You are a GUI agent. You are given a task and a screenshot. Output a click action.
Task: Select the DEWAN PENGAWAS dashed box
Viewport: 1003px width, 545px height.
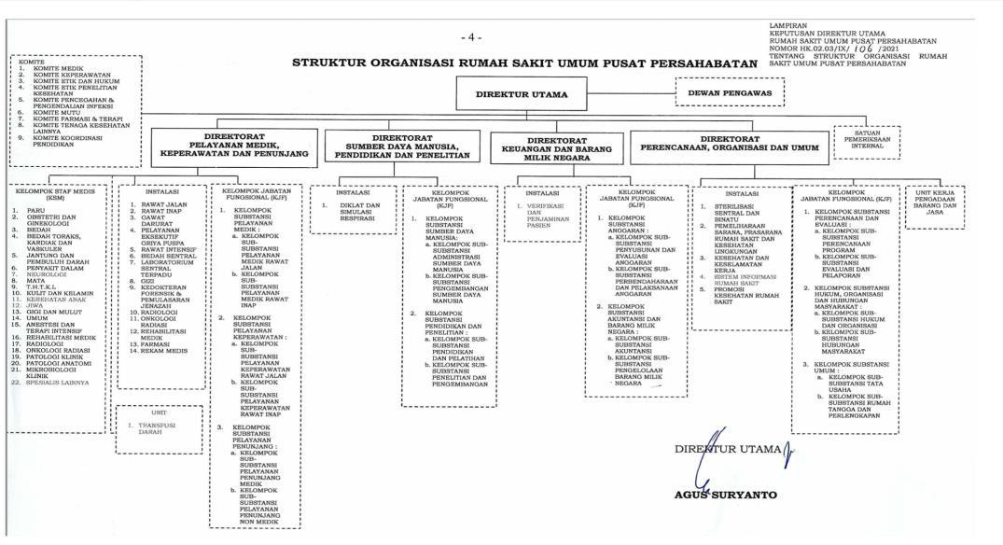[730, 92]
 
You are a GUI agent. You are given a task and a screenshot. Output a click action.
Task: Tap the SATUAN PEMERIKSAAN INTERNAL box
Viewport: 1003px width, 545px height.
[868, 139]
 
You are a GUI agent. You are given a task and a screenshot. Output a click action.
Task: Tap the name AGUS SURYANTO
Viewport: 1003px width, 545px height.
[724, 495]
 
